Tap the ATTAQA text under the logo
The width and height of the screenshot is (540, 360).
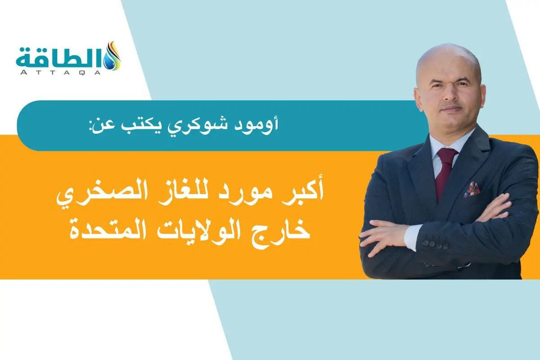pyautogui.click(x=61, y=72)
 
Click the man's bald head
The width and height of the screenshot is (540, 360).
pyautogui.click(x=448, y=61)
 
